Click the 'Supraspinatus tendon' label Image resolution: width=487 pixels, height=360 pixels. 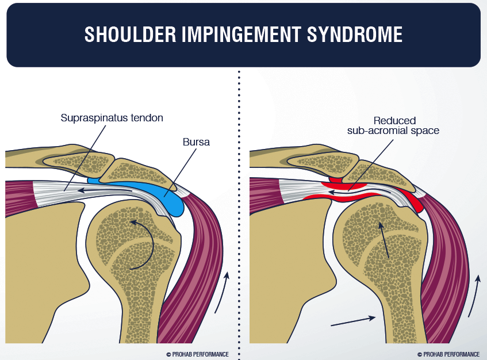tap(112, 118)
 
